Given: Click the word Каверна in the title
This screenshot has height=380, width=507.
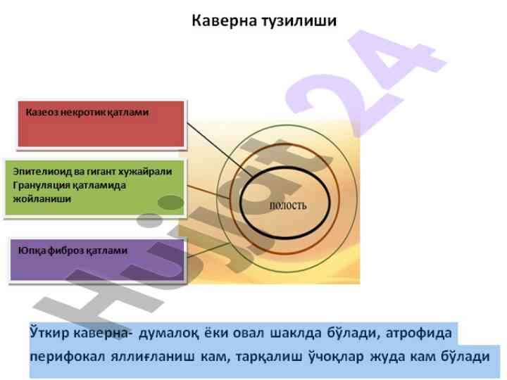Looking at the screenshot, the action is (x=225, y=20).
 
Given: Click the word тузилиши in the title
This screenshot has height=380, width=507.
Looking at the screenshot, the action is (x=299, y=21).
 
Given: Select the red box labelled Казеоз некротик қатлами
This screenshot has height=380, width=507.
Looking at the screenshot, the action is (x=101, y=124).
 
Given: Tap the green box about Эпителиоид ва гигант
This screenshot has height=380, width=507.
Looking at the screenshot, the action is (x=94, y=188).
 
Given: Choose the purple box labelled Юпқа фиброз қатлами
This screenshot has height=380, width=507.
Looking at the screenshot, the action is (x=97, y=260).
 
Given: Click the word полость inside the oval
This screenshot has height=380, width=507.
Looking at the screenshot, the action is (x=288, y=205).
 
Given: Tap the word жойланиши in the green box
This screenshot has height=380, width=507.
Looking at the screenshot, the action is (x=42, y=198).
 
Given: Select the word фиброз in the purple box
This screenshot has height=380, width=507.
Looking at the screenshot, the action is (x=67, y=251).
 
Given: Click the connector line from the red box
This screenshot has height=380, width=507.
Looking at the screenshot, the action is (x=220, y=150).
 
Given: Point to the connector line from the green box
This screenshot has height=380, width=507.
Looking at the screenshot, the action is (x=209, y=192).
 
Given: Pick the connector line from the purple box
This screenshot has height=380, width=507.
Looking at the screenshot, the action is (x=209, y=251).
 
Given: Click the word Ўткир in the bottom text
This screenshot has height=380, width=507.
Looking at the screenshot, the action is (x=49, y=333).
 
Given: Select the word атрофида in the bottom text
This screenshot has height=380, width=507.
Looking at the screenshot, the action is (x=419, y=334).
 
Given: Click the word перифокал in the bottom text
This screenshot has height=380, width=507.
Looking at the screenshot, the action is (x=68, y=357).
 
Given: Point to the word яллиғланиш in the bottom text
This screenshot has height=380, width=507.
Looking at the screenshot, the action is (x=153, y=357).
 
